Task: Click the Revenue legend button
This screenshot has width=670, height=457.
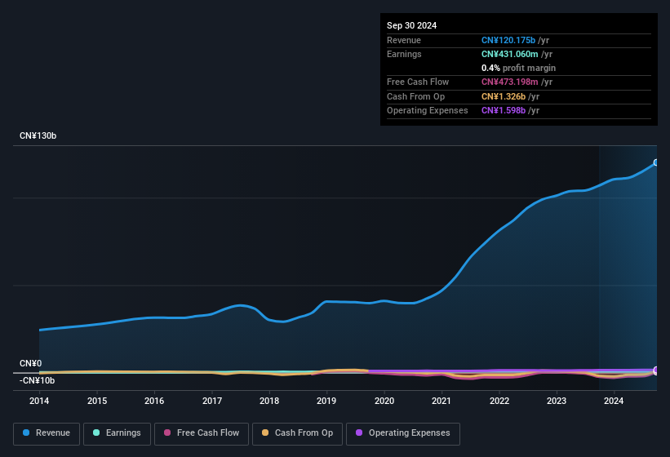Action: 47,433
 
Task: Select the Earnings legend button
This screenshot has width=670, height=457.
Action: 118,433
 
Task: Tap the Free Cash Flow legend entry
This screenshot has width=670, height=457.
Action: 202,433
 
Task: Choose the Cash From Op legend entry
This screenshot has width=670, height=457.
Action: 297,433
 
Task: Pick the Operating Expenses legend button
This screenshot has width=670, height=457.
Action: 403,433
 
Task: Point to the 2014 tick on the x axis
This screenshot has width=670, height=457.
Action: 39,401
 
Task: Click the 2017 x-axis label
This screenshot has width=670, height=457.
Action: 212,401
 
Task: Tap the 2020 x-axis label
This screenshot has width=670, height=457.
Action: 384,401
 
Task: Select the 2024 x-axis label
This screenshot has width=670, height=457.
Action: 614,401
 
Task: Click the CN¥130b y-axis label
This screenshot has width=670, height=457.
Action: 38,135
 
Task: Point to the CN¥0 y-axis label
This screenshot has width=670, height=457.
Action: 31,363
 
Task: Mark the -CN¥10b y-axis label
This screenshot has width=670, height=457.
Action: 38,380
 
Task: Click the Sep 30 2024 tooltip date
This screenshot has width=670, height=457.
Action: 411,25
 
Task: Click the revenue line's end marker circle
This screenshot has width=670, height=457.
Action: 656,162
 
